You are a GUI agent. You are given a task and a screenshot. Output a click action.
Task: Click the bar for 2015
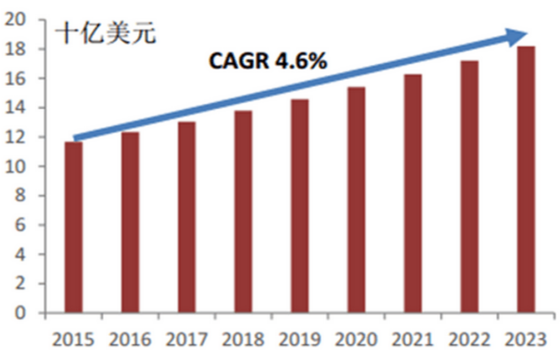(x=73, y=227)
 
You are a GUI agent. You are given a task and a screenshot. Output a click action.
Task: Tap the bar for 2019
(x=300, y=206)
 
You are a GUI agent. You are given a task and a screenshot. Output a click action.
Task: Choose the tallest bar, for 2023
(x=525, y=179)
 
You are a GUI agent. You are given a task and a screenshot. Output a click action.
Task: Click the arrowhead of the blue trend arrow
(x=517, y=35)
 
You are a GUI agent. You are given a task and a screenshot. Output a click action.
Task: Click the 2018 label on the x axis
(x=243, y=340)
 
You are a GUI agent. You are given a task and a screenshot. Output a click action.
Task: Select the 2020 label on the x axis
(x=356, y=340)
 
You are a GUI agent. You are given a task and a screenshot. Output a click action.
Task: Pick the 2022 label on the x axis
(x=470, y=340)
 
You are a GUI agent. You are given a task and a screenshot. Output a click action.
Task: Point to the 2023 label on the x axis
(x=525, y=340)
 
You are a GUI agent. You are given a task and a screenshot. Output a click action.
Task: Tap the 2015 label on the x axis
(x=73, y=340)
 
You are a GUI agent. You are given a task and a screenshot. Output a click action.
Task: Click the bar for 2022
(x=470, y=187)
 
